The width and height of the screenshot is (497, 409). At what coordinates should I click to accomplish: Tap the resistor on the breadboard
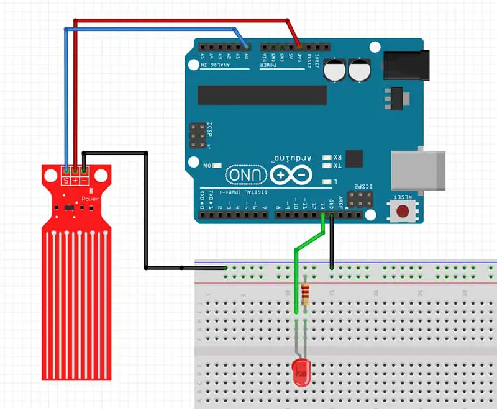click(x=304, y=293)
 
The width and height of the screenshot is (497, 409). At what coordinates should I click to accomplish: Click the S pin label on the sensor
click(x=66, y=180)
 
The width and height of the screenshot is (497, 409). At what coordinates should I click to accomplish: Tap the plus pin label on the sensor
click(x=76, y=180)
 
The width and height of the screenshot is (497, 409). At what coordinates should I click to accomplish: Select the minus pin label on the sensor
click(x=84, y=180)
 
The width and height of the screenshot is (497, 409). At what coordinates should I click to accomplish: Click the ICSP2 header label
click(x=363, y=186)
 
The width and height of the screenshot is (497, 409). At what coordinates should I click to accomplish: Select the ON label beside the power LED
click(x=208, y=165)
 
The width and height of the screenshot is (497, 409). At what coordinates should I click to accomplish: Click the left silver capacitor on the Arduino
click(x=338, y=70)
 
